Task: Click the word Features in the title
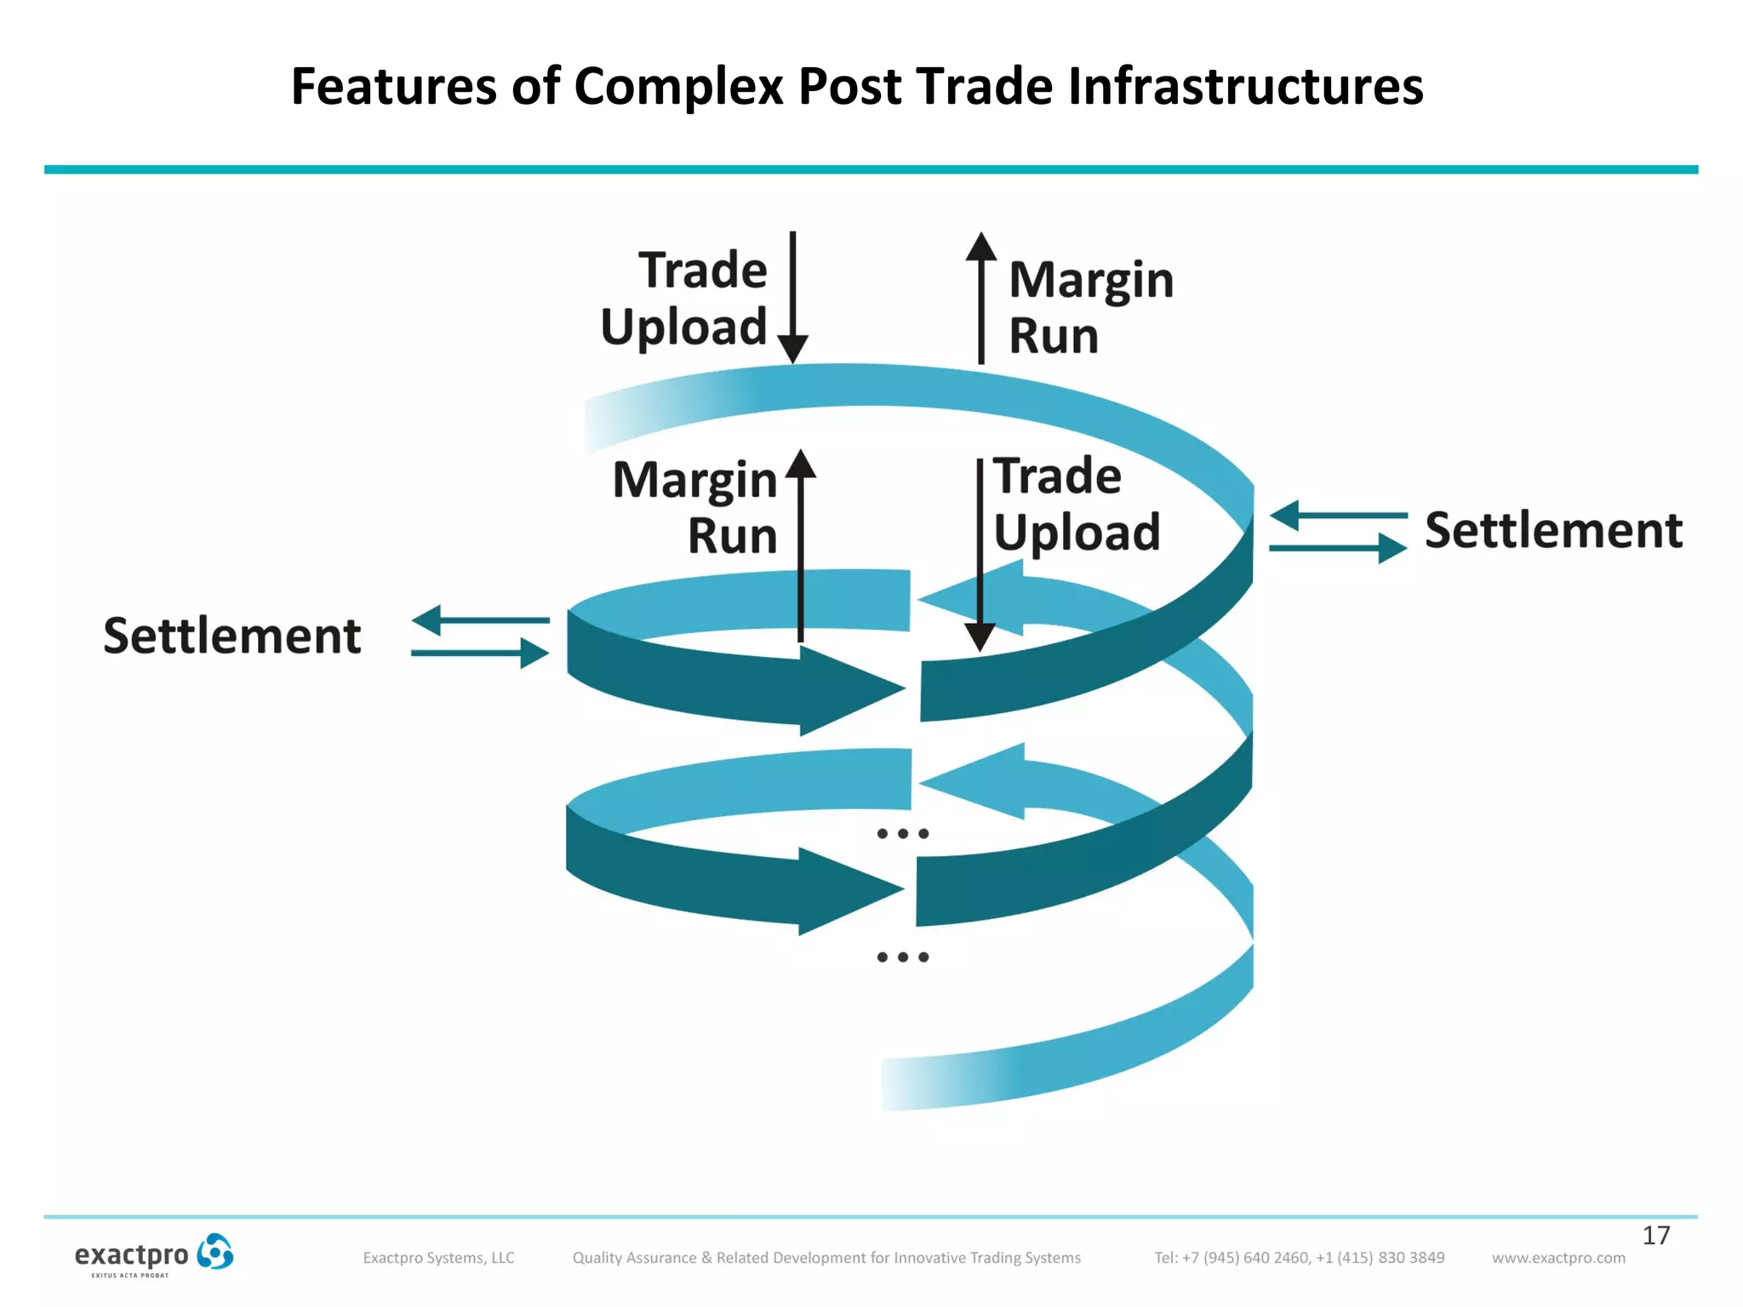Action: [393, 87]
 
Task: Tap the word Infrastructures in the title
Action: [1245, 87]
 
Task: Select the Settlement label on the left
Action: [232, 636]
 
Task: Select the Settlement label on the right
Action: [1553, 530]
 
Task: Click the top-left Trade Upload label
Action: [684, 299]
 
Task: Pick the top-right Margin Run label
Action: [1090, 306]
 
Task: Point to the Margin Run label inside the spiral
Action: [695, 507]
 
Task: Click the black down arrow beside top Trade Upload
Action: [792, 298]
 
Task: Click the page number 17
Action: [1655, 1235]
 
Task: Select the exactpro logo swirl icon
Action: [214, 1252]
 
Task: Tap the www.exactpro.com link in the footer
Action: [1557, 1258]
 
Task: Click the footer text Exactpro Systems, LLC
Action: [438, 1258]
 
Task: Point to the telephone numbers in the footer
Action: [1299, 1258]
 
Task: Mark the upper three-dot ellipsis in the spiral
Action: [902, 834]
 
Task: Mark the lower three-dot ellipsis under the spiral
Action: [902, 957]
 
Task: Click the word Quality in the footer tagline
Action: [598, 1258]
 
